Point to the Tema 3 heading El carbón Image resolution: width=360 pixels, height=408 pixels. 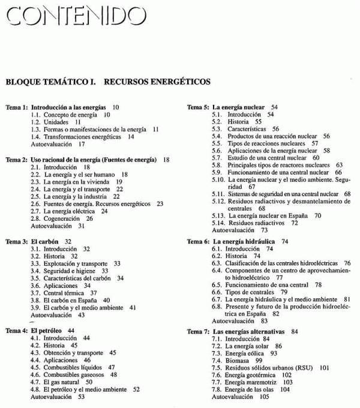pyautogui.click(x=51, y=241)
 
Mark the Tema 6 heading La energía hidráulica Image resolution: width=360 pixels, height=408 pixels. pyautogui.click(x=247, y=241)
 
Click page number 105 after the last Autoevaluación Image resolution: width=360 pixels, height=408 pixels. pyautogui.click(x=264, y=397)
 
